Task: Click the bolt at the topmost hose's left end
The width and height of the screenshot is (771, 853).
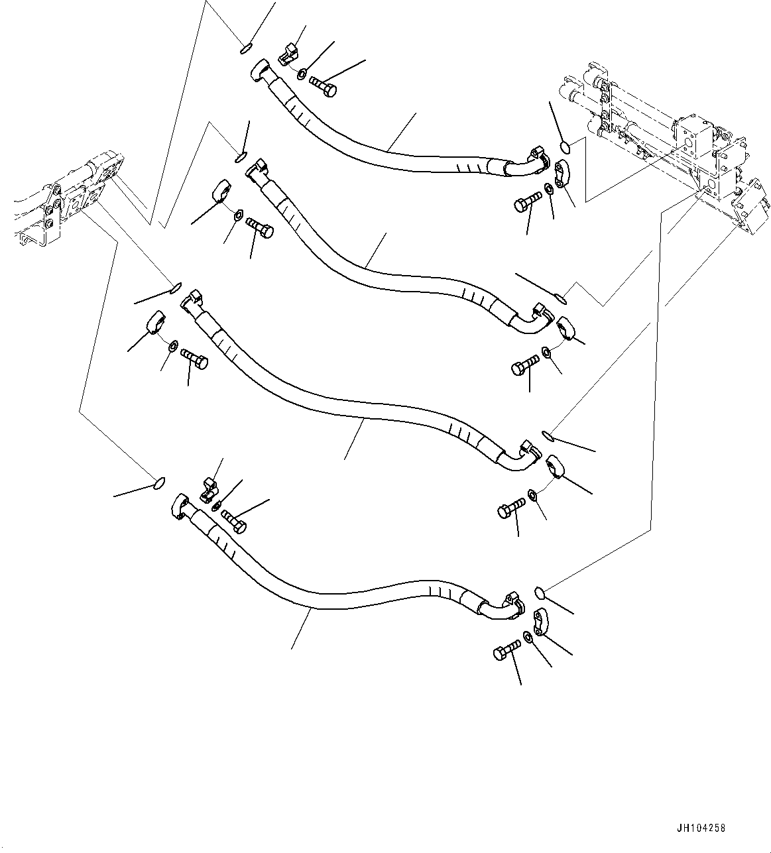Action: pos(323,86)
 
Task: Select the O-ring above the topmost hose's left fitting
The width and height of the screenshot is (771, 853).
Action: pos(245,47)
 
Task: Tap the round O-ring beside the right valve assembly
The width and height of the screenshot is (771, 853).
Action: pos(564,147)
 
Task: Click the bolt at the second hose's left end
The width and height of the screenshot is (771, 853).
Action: pos(259,227)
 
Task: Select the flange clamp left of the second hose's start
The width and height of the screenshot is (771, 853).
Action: pos(221,192)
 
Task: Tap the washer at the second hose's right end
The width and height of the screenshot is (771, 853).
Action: pos(545,351)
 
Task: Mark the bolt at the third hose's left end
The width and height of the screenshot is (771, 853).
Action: pos(194,359)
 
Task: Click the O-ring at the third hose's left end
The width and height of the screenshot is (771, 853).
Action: pos(176,287)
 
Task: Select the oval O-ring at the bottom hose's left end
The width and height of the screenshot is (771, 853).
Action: pos(158,483)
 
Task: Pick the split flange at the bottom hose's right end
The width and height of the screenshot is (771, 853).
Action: pos(539,621)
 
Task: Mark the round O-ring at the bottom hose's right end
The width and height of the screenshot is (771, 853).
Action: pos(540,590)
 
